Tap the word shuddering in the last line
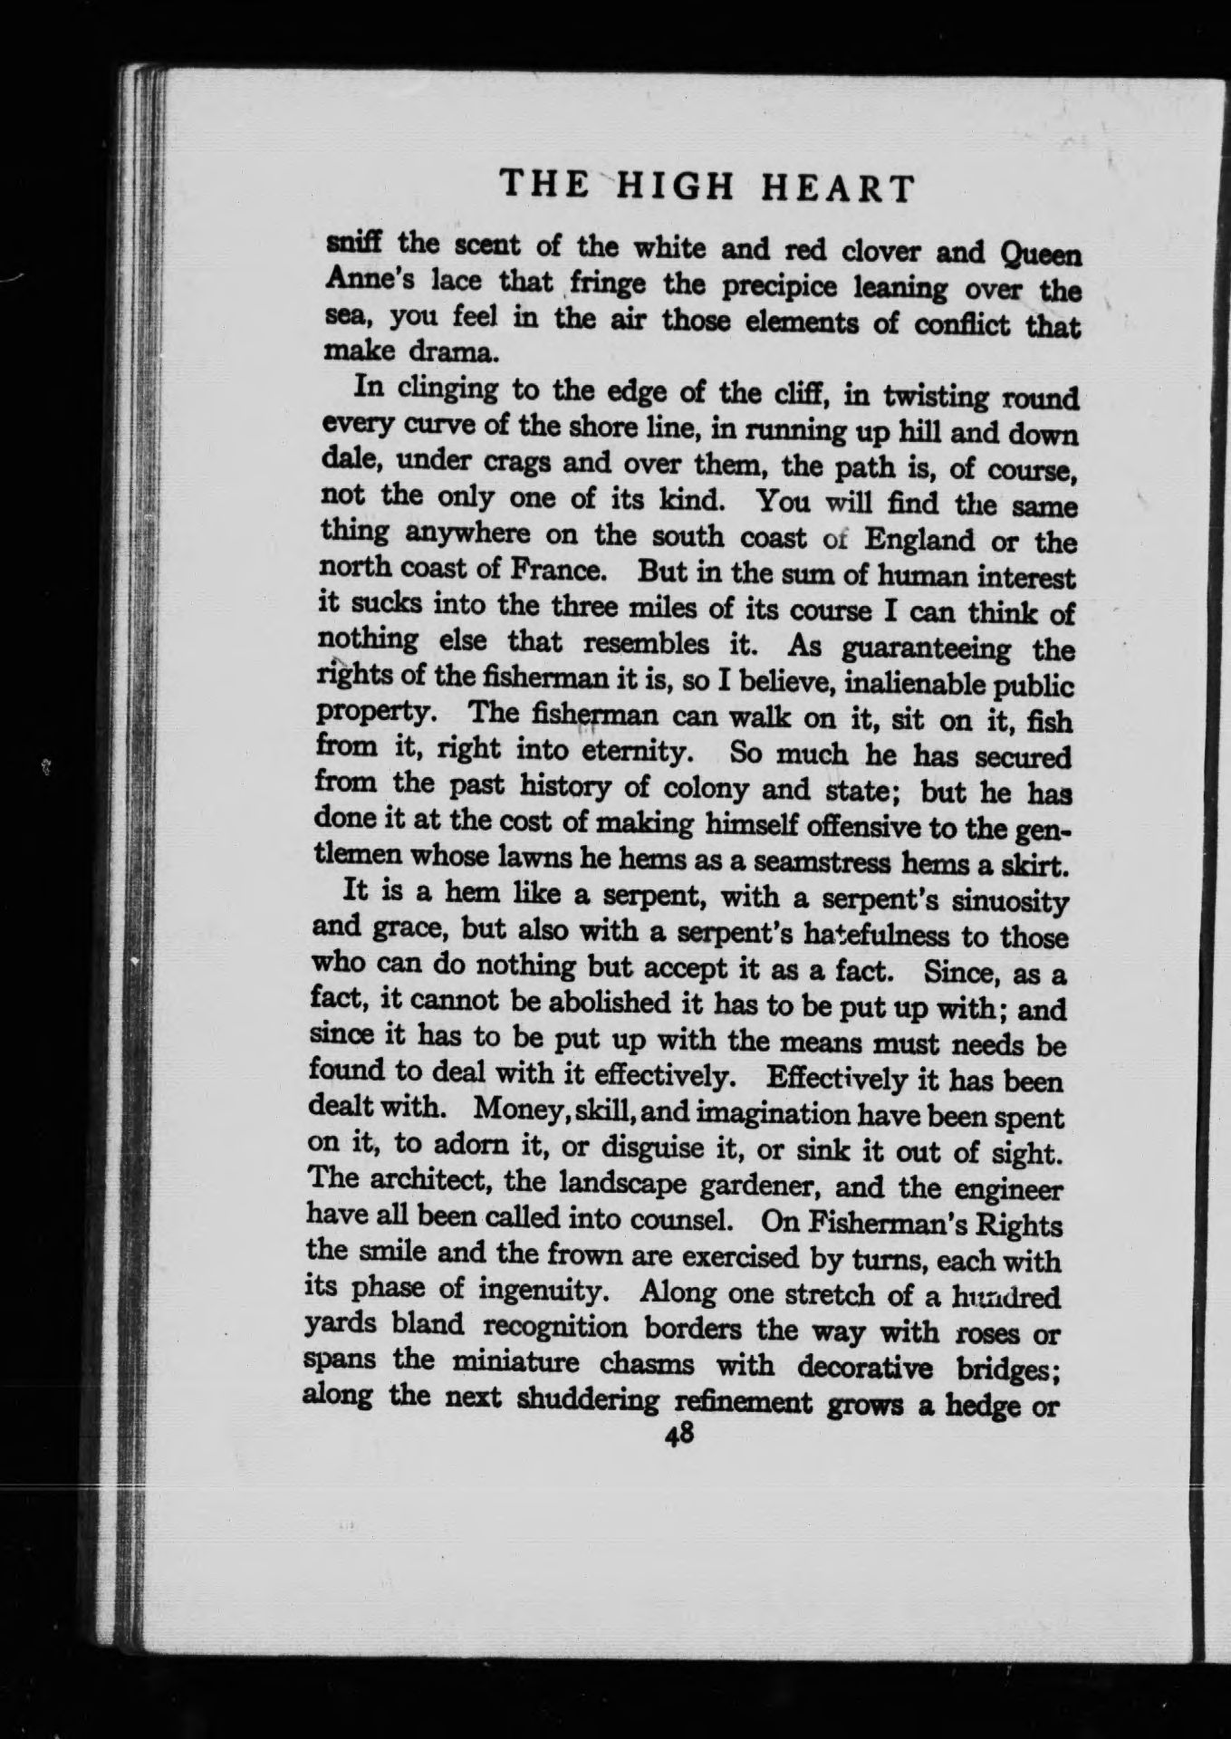tap(586, 1399)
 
